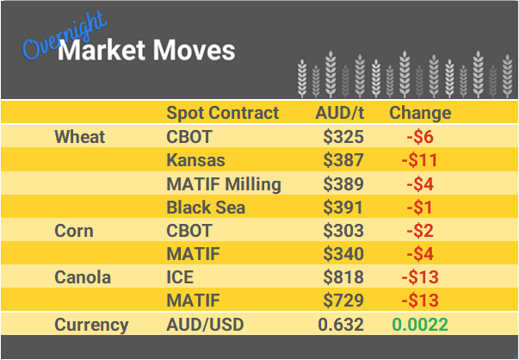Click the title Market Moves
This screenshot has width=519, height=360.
click(146, 50)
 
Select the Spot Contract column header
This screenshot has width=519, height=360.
click(222, 113)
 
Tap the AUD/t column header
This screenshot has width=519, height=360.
click(340, 113)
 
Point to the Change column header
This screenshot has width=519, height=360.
click(420, 113)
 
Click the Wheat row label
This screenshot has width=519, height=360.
click(79, 137)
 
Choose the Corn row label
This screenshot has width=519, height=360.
click(74, 231)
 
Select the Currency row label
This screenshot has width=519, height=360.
click(91, 325)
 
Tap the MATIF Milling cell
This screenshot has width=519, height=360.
click(223, 183)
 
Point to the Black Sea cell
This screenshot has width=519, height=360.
click(206, 207)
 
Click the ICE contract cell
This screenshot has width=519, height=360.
click(180, 277)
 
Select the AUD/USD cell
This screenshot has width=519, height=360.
click(206, 325)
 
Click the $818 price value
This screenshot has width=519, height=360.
click(343, 277)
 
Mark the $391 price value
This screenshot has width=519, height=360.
click(343, 207)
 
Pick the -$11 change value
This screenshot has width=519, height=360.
click(421, 160)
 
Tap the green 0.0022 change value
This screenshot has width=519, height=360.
click(419, 325)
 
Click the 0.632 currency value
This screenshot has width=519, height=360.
click(341, 325)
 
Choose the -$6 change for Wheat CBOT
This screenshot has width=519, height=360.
click(421, 137)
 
